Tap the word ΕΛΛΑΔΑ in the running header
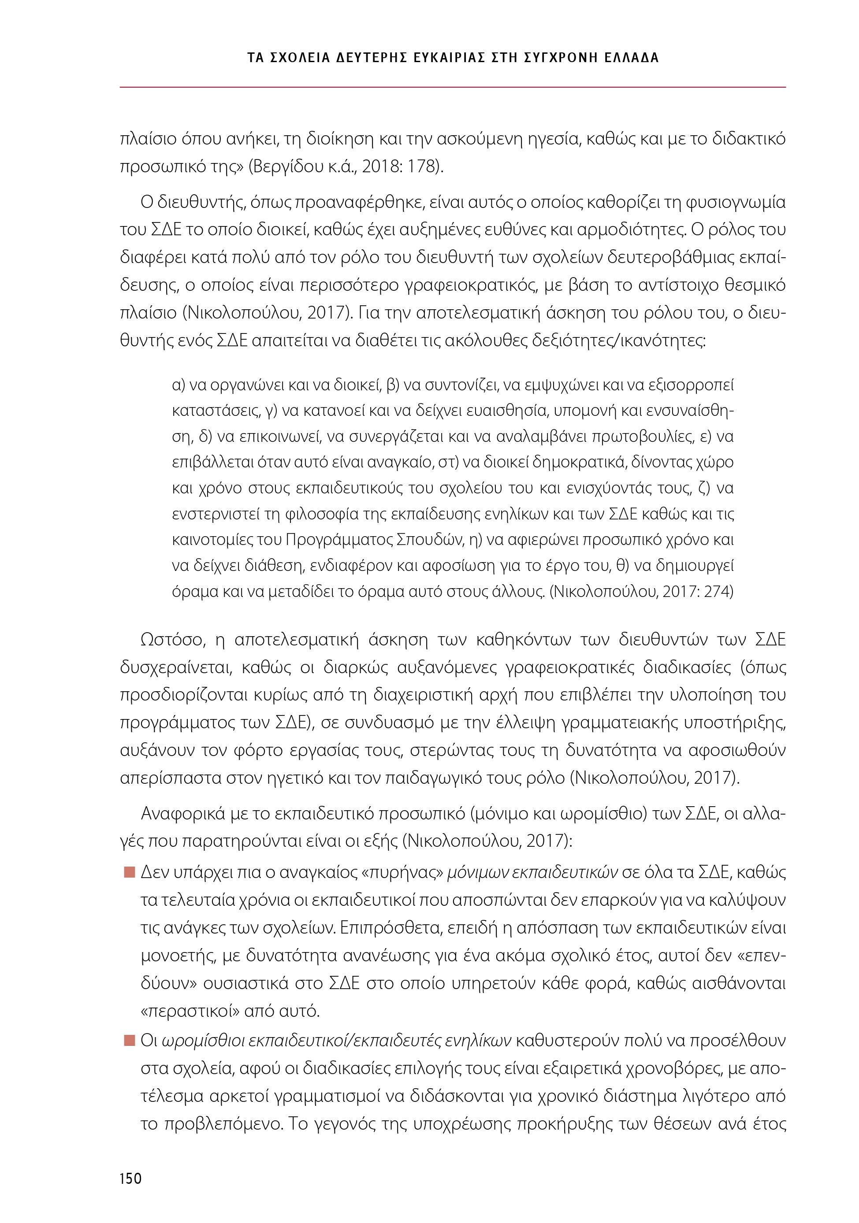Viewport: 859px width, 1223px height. pyautogui.click(x=632, y=58)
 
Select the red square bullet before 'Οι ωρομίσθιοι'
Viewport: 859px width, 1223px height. pyautogui.click(x=129, y=1040)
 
